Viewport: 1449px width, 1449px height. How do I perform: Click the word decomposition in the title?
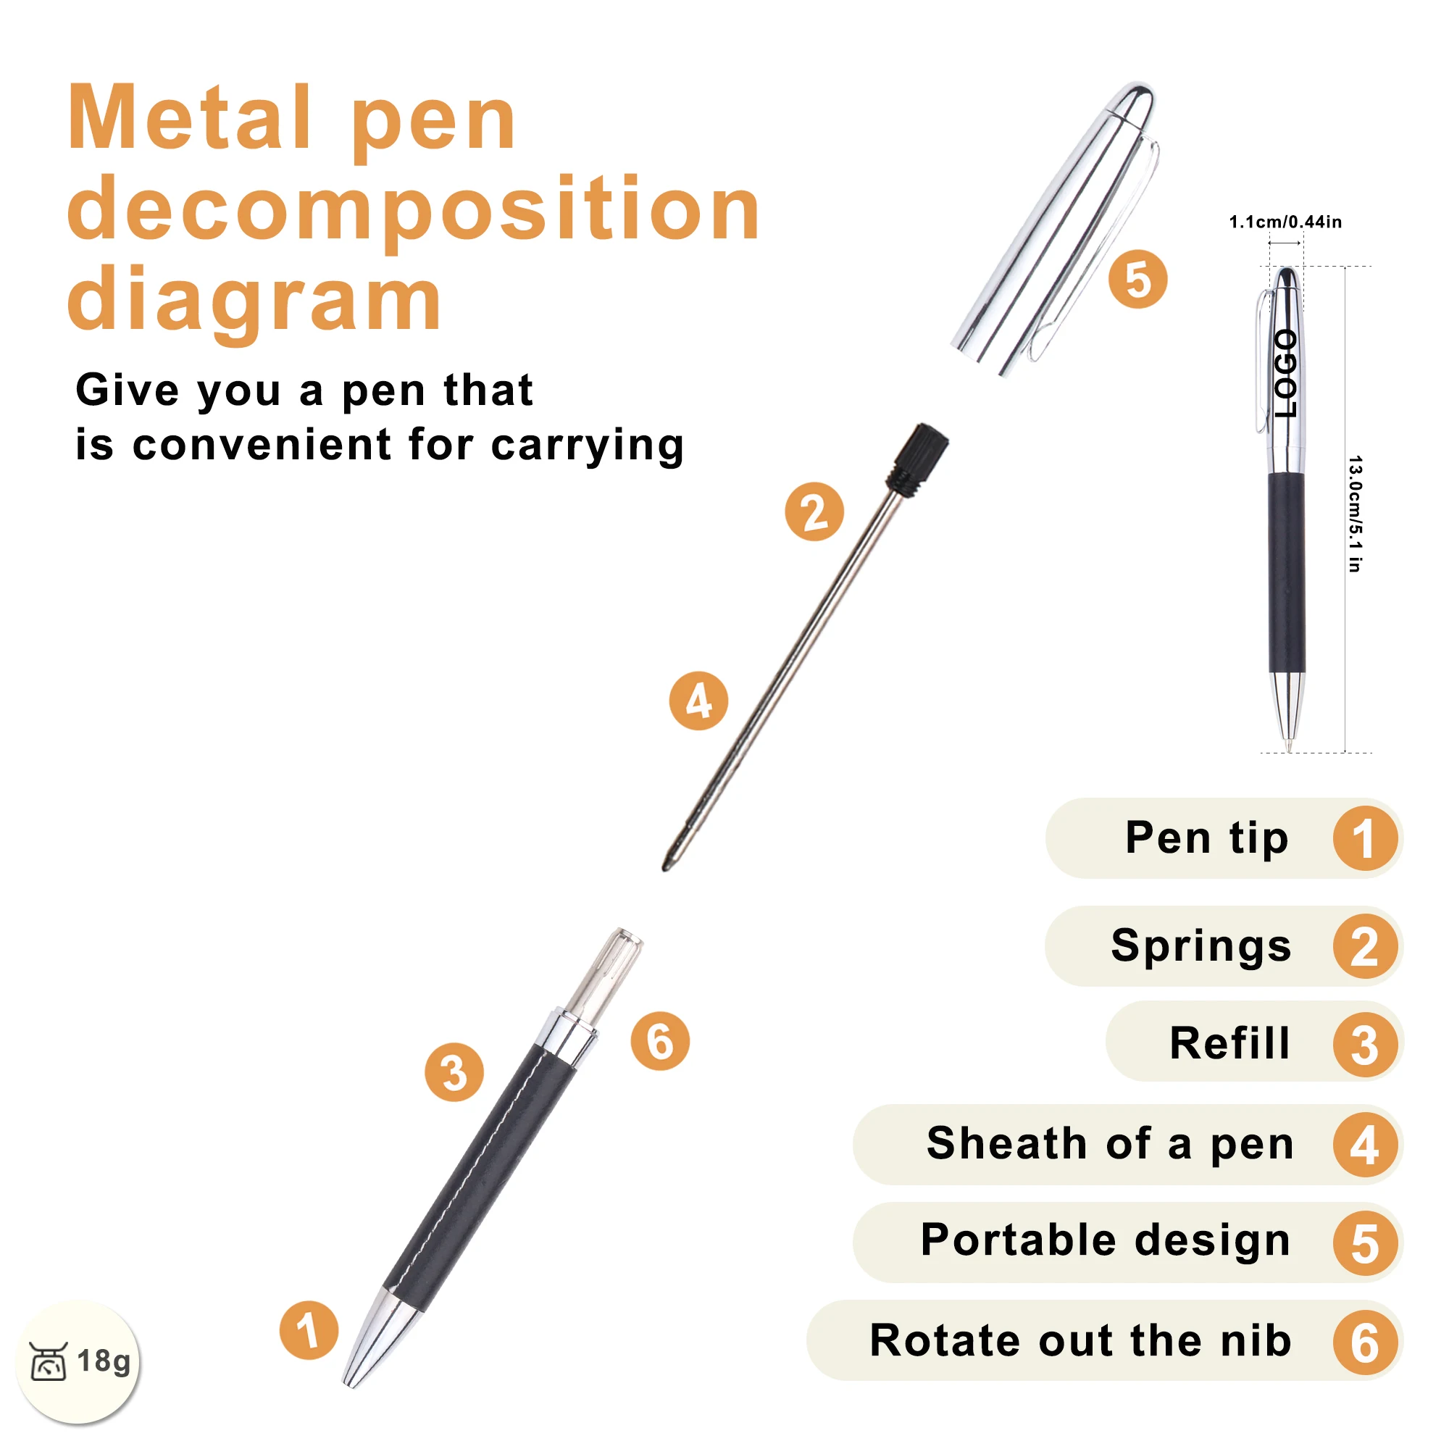coord(414,212)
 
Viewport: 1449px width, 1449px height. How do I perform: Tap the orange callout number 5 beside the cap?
coord(1137,279)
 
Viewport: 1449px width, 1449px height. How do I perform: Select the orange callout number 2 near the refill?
coord(814,511)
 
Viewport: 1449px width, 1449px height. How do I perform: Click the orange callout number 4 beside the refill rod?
coord(698,701)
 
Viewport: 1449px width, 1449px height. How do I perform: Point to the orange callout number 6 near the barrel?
coord(660,1040)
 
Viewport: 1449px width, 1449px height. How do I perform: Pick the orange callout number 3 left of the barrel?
coord(454,1072)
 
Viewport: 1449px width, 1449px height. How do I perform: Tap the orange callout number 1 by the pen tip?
coord(308,1329)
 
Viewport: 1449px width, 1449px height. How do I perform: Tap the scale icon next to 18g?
coord(49,1361)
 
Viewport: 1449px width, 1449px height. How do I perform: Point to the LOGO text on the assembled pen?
coord(1285,374)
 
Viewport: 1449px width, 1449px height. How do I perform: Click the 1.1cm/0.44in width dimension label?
coord(1285,222)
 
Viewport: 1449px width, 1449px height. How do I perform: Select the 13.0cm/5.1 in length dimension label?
coord(1355,514)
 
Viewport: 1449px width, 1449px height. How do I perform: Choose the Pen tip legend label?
coord(1206,838)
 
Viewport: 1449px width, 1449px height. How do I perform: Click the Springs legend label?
coord(1200,945)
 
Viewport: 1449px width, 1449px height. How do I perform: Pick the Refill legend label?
coord(1229,1043)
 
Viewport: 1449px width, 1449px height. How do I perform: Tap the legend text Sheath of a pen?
coord(1110,1143)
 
